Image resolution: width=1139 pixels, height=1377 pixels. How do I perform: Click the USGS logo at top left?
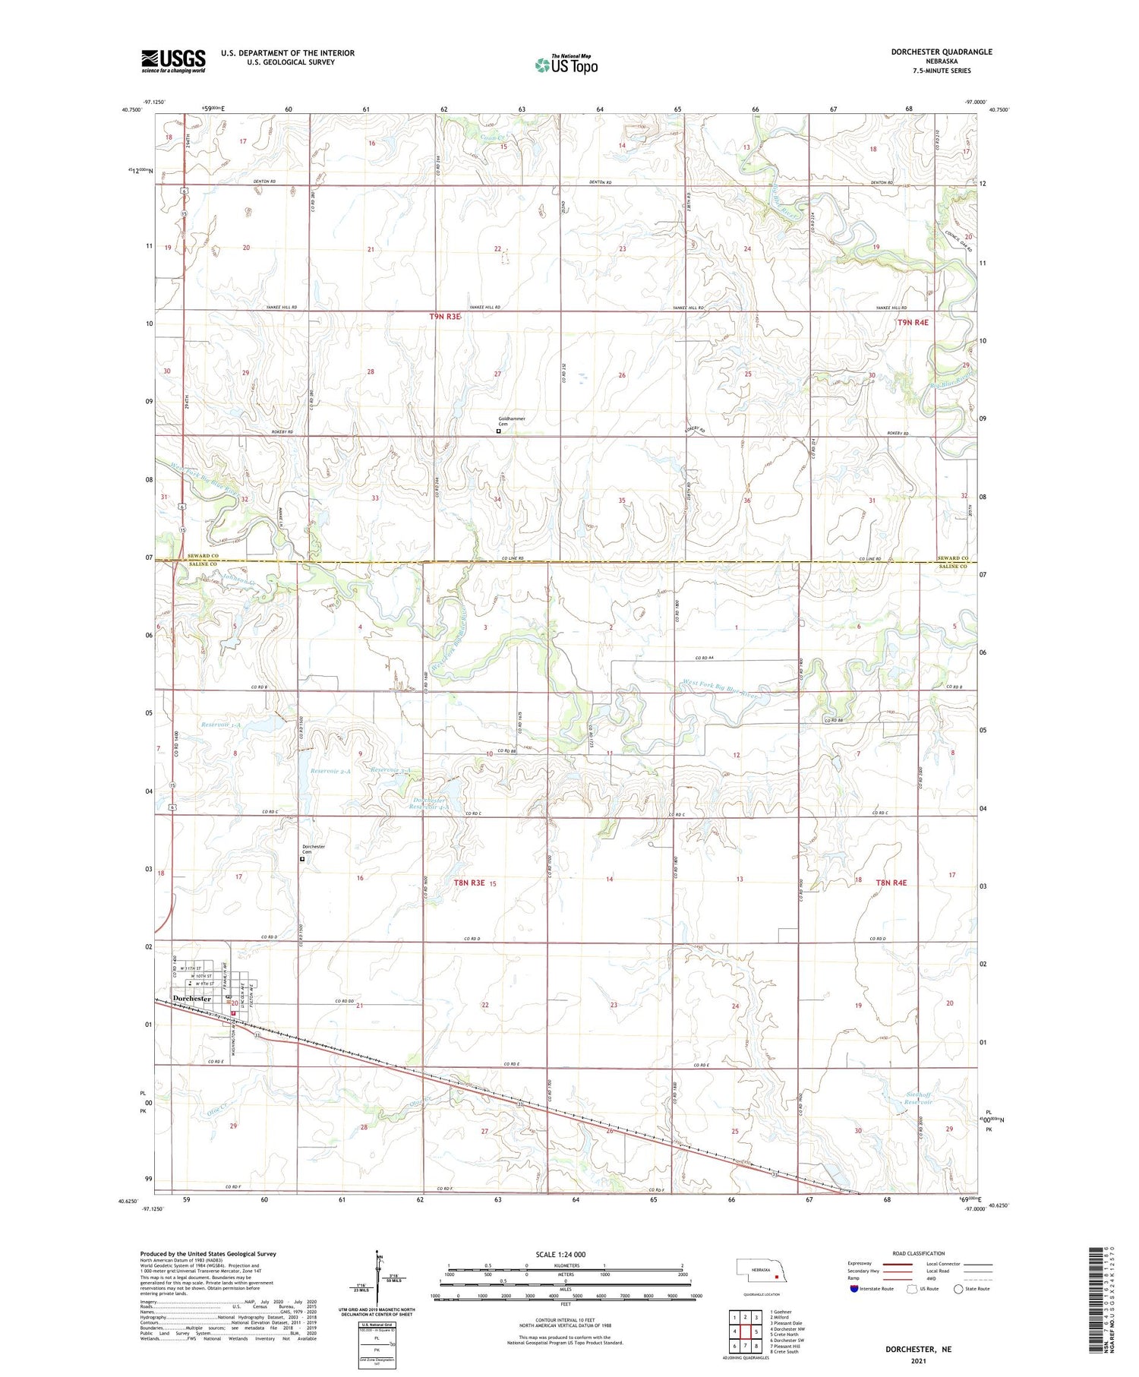coord(173,61)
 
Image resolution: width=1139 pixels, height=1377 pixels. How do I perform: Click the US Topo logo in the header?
coord(566,65)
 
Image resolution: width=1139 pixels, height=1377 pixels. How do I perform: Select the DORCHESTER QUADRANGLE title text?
coord(941,52)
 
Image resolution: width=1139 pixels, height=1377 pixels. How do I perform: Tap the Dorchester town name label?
coord(191,999)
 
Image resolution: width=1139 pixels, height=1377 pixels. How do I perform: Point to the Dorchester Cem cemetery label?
coord(313,849)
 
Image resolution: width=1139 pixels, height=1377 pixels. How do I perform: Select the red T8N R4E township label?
coord(891,883)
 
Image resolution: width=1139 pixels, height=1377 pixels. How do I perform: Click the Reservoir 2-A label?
coord(330,771)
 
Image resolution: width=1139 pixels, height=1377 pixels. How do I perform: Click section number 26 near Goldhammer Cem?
coord(622,375)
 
